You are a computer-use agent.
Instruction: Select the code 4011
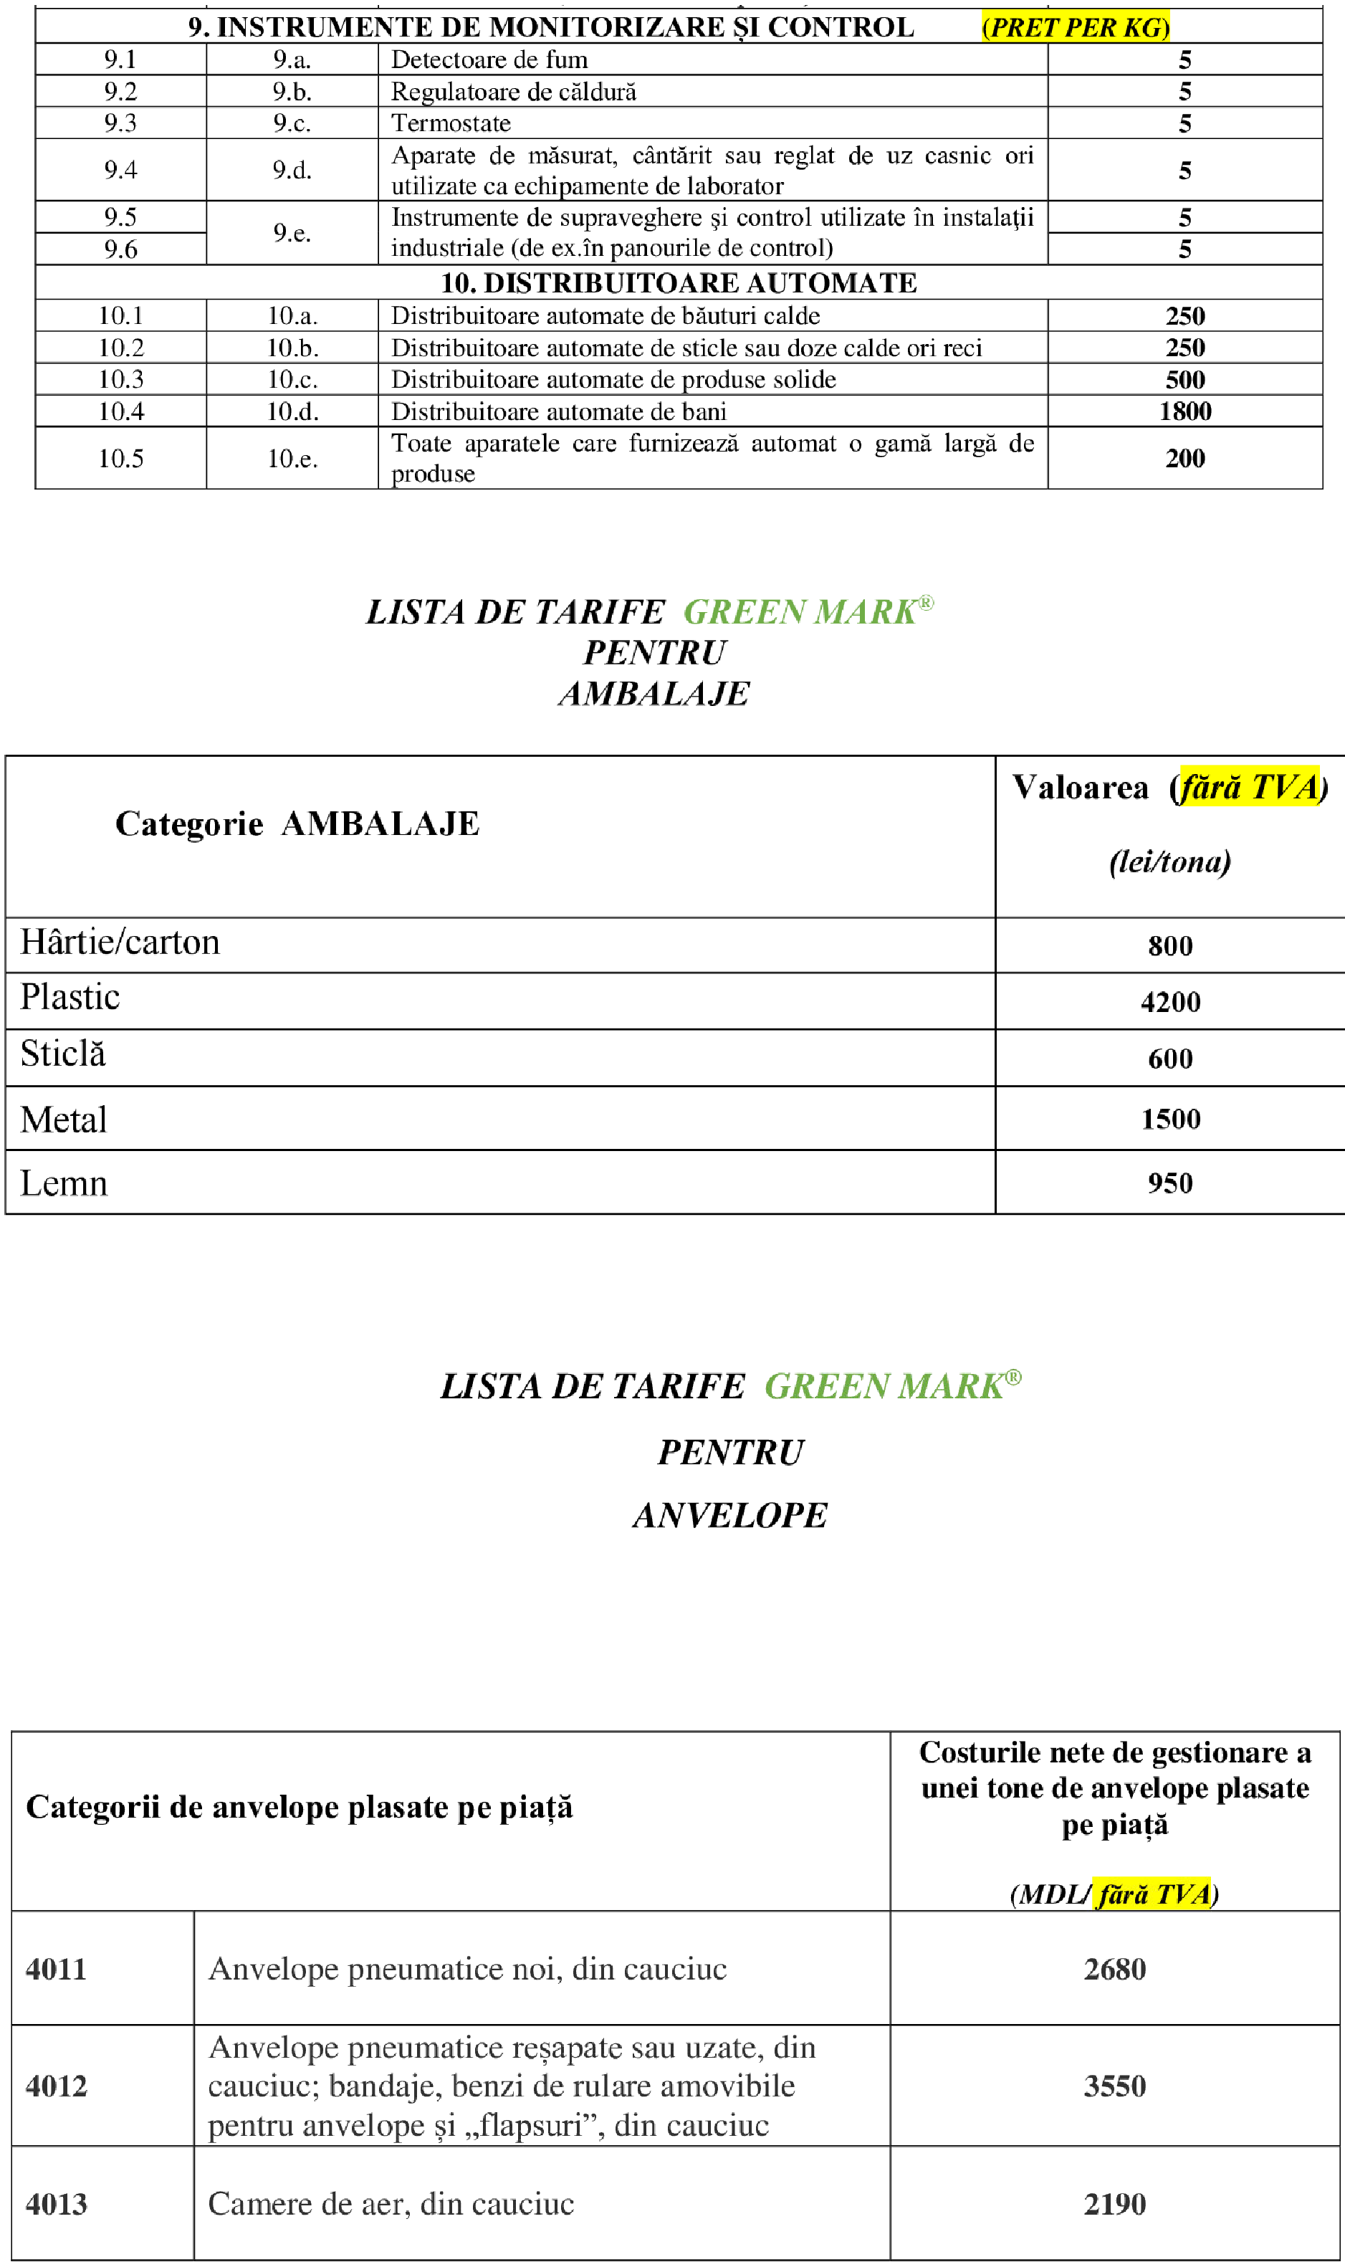[x=55, y=1970]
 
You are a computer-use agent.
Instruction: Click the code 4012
[x=55, y=2086]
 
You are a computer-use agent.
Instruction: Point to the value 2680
[x=1115, y=1970]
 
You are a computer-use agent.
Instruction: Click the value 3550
[x=1115, y=2086]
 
